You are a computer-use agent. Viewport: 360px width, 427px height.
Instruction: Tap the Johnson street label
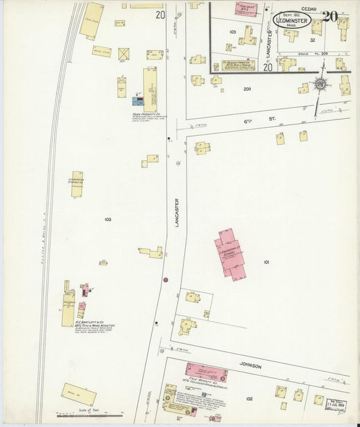[x=250, y=366]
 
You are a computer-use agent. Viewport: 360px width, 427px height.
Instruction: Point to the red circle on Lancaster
[x=165, y=279]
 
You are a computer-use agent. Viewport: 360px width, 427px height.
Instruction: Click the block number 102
[x=251, y=399]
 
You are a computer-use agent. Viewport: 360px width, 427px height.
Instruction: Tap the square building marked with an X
[x=124, y=53]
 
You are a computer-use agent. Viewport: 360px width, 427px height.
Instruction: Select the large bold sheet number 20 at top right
[x=329, y=16]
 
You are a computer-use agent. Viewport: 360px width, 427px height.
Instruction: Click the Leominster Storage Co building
[x=77, y=184]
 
